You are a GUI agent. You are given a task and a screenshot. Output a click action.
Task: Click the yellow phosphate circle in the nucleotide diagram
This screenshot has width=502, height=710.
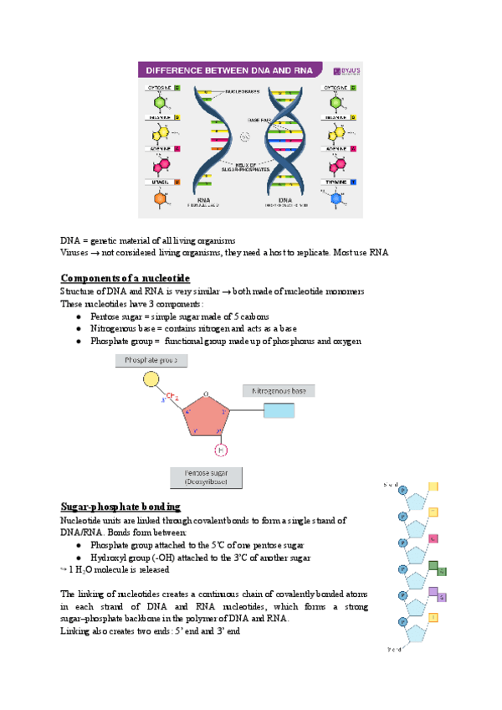click(151, 379)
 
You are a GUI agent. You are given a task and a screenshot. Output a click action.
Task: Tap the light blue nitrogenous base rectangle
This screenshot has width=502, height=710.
click(279, 410)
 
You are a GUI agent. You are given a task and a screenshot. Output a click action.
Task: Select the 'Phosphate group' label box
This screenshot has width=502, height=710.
click(151, 360)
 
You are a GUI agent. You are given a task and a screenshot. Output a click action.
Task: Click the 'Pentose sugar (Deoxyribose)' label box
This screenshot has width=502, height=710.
click(207, 477)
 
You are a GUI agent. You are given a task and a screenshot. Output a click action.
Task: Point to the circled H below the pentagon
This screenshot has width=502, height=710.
click(221, 450)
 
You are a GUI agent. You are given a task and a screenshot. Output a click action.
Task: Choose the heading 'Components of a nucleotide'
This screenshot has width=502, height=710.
click(125, 277)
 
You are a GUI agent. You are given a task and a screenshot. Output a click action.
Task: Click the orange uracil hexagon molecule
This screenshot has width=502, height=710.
click(160, 201)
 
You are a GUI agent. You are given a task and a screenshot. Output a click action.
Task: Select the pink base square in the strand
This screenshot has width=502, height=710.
click(433, 538)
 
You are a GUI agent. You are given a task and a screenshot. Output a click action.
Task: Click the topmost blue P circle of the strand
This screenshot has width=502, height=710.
click(402, 491)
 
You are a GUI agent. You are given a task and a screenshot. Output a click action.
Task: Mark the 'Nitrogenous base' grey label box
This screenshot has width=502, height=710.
click(279, 390)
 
